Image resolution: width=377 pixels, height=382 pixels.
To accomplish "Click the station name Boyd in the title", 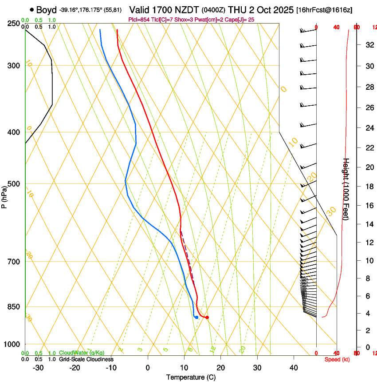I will tap(47, 10).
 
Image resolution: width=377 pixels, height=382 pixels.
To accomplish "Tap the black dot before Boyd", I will tap(31, 10).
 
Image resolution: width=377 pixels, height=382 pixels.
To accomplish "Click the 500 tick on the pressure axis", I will tap(14, 184).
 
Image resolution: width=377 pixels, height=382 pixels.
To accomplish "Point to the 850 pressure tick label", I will tap(14, 307).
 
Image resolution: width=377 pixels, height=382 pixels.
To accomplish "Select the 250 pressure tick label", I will tap(14, 24).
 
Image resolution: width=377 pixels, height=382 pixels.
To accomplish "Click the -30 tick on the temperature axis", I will tap(38, 367).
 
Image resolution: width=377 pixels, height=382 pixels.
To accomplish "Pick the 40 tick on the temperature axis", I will tap(293, 367).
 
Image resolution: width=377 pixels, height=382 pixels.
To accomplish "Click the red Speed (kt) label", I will tap(337, 359).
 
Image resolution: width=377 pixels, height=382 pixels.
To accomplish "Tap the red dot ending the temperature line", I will tap(207, 317).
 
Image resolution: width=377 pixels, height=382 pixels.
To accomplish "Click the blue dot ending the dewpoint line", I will tap(196, 317).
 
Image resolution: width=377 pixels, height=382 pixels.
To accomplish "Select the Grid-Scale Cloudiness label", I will tap(86, 359).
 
